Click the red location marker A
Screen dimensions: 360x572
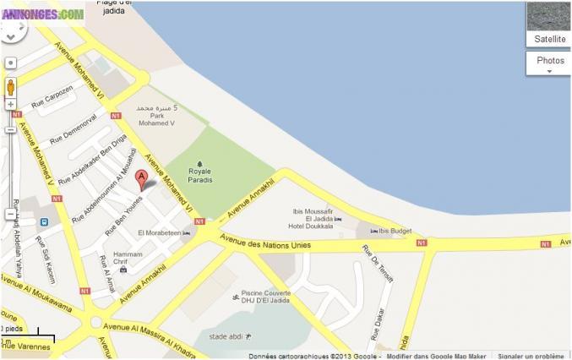(142, 178)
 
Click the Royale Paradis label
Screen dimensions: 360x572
(199, 174)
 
